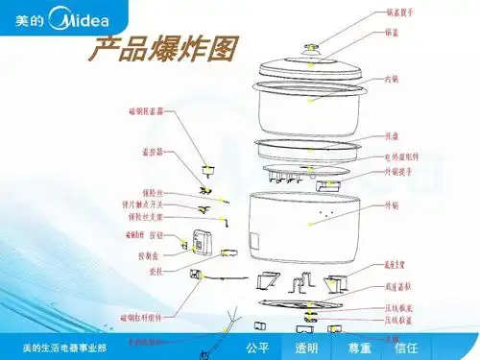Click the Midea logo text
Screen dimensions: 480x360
coord(76,19)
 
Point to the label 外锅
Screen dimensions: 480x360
coord(391,205)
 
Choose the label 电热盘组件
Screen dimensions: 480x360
coord(402,156)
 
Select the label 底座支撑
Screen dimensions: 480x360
coord(398,262)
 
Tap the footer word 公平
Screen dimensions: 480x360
coord(256,348)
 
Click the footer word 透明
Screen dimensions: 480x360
coord(306,348)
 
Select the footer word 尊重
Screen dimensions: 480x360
coord(359,348)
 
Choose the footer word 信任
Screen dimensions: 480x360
coord(406,348)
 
